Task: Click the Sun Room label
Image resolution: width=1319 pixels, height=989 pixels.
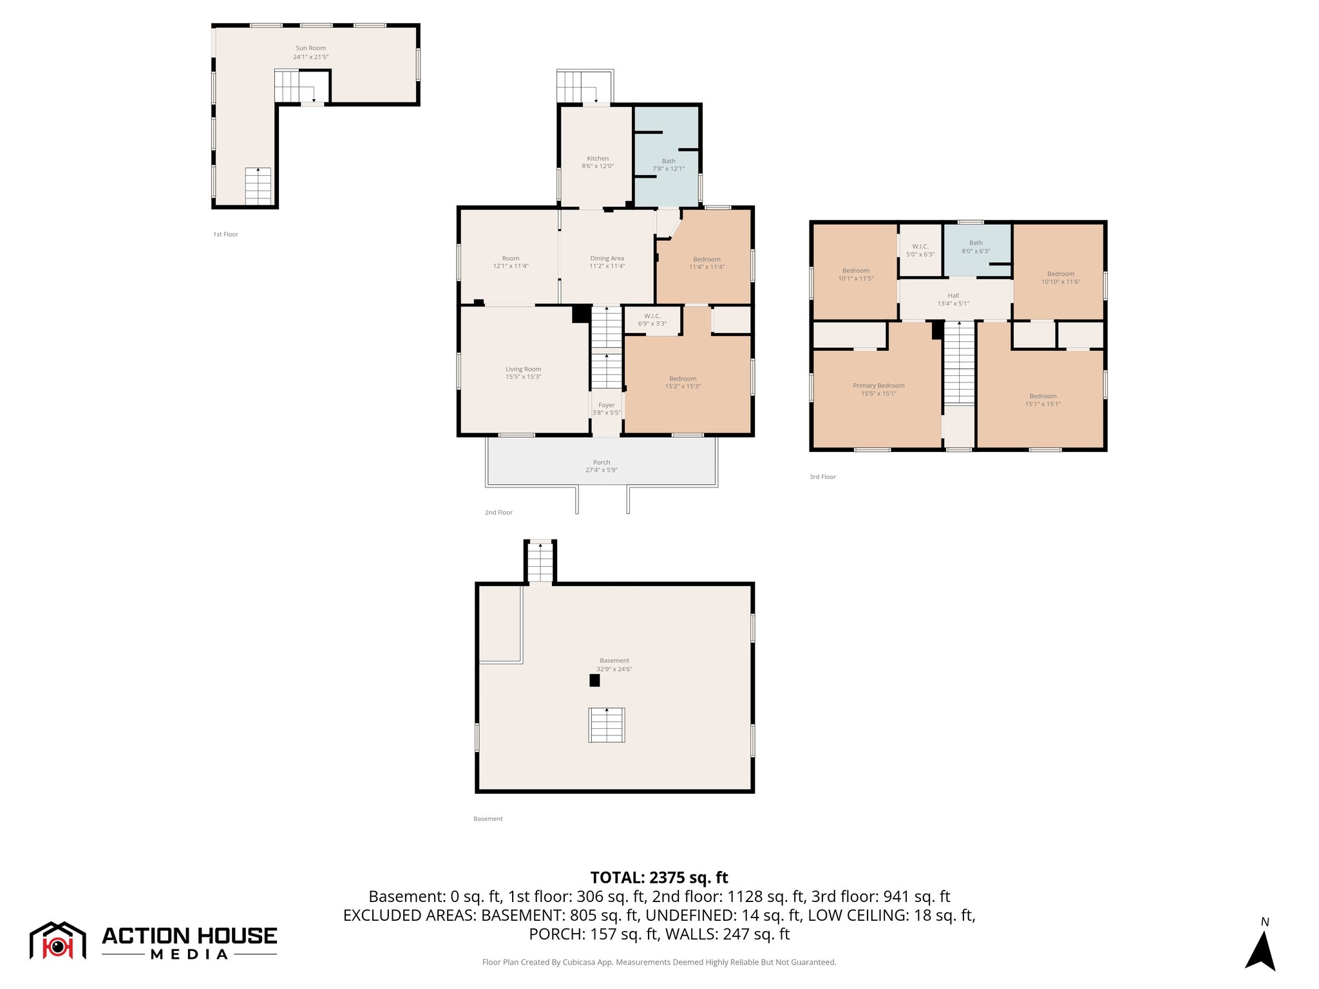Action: tap(310, 48)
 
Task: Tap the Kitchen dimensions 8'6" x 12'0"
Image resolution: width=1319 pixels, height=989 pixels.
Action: tap(597, 166)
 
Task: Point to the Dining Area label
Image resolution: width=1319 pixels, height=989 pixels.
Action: tap(607, 258)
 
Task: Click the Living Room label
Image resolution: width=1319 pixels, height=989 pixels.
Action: tap(523, 369)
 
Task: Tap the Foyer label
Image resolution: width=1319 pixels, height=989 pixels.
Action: tap(606, 405)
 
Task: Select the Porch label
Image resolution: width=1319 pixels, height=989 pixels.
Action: tap(601, 462)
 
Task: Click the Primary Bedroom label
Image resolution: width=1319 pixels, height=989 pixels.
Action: tap(878, 386)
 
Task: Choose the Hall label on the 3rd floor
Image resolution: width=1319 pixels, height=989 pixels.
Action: tap(953, 296)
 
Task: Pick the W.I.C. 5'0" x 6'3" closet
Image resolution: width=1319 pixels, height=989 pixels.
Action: tap(920, 250)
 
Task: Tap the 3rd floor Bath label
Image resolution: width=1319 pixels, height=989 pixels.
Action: tap(975, 243)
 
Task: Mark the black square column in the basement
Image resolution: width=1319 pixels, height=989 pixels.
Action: tap(594, 680)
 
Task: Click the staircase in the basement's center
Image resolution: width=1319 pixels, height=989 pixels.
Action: tap(606, 725)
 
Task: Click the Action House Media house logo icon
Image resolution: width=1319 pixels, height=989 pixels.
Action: tap(57, 941)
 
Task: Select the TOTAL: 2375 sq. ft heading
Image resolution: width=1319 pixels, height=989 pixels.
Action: tap(659, 878)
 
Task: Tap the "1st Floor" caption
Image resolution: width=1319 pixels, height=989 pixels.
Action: tap(225, 234)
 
